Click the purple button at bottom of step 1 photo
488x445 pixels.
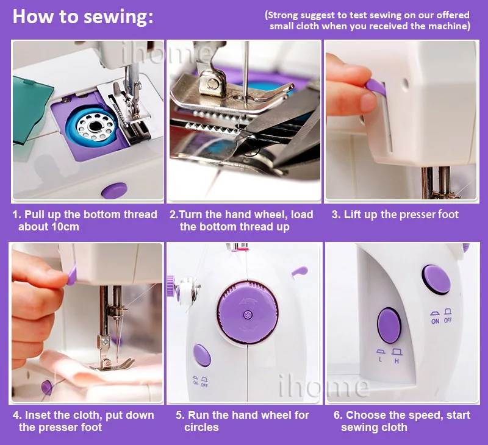[115, 190]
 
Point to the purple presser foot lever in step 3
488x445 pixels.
[376, 87]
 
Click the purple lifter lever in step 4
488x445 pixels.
[71, 275]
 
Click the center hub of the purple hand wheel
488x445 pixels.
[248, 315]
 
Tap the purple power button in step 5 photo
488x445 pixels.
[202, 355]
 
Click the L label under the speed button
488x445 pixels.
[380, 360]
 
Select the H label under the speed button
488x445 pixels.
[396, 361]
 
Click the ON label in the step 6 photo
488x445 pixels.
[435, 321]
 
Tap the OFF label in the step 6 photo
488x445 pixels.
[448, 320]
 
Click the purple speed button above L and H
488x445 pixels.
[389, 326]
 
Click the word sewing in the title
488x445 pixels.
[118, 16]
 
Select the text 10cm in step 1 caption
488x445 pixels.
[65, 227]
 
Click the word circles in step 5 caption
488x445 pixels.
[201, 427]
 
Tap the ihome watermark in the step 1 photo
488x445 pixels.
[165, 54]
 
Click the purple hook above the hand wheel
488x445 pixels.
[300, 271]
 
